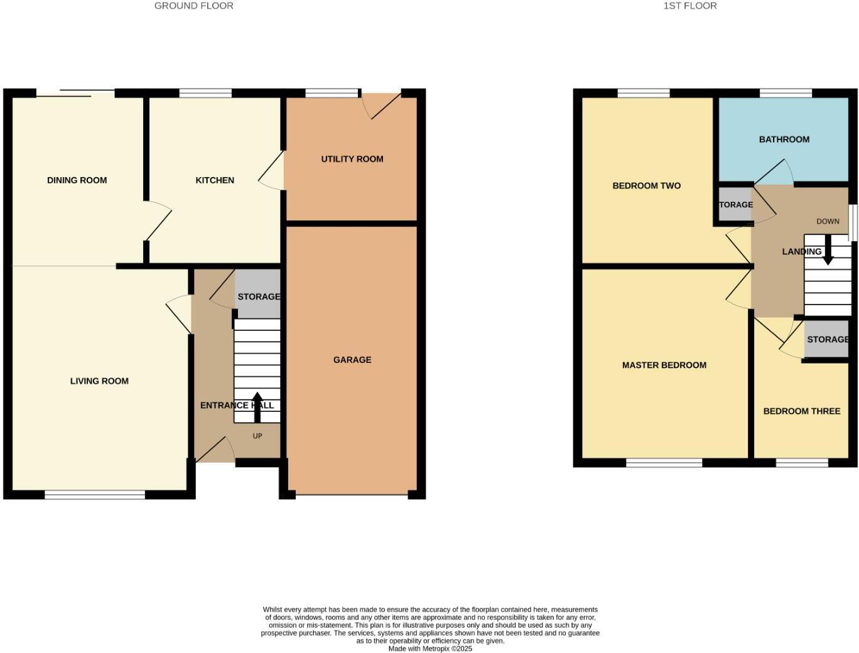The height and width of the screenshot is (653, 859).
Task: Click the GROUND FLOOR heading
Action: pyautogui.click(x=193, y=6)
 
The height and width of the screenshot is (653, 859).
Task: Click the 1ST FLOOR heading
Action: pyautogui.click(x=689, y=6)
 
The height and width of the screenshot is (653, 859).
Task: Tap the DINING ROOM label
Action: pyautogui.click(x=77, y=180)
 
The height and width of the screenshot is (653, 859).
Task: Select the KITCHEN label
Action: pyautogui.click(x=215, y=180)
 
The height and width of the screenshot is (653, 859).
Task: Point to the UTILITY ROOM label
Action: pyautogui.click(x=352, y=159)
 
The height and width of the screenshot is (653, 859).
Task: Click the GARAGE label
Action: pyautogui.click(x=352, y=360)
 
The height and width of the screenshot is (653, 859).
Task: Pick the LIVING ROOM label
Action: pyautogui.click(x=99, y=381)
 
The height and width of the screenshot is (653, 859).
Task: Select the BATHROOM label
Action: pyautogui.click(x=784, y=139)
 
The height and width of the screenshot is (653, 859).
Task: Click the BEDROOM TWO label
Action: pyautogui.click(x=646, y=186)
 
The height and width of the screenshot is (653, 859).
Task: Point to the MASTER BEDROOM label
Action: pyautogui.click(x=664, y=365)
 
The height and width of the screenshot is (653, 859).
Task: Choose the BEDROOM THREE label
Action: pyautogui.click(x=801, y=411)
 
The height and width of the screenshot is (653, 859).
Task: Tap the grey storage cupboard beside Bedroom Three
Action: pyautogui.click(x=827, y=339)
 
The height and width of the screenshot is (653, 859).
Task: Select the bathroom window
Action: pyautogui.click(x=786, y=94)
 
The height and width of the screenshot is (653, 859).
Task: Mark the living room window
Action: pyautogui.click(x=95, y=495)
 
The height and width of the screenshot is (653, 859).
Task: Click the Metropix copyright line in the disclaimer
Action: pyautogui.click(x=430, y=649)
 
